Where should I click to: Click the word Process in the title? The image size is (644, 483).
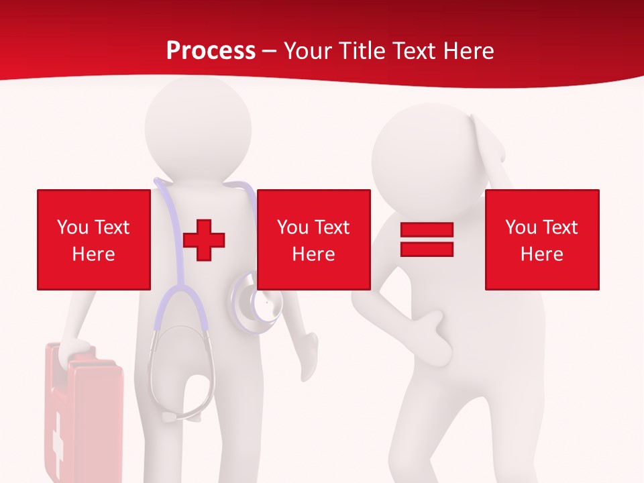[x=211, y=51]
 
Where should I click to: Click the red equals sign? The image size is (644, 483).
[x=427, y=239]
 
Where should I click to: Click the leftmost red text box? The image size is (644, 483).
[x=94, y=239]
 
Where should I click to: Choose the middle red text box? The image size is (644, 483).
[x=313, y=239]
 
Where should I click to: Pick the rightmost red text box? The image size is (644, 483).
[x=541, y=239]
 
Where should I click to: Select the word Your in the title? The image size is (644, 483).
[x=308, y=51]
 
